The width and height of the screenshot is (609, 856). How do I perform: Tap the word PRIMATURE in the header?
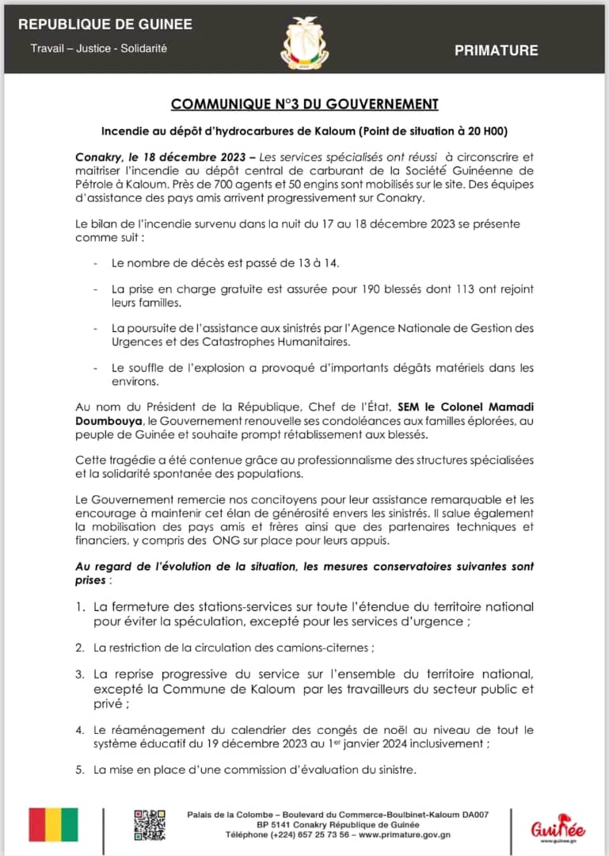click(x=496, y=51)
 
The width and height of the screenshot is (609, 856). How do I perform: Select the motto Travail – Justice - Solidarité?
click(x=99, y=48)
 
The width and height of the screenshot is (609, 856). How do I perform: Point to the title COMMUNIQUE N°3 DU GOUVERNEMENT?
click(x=305, y=104)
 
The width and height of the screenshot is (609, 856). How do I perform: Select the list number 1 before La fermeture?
click(x=81, y=606)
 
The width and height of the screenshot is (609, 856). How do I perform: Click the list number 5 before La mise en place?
click(x=80, y=770)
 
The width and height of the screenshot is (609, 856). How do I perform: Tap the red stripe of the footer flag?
click(x=36, y=824)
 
